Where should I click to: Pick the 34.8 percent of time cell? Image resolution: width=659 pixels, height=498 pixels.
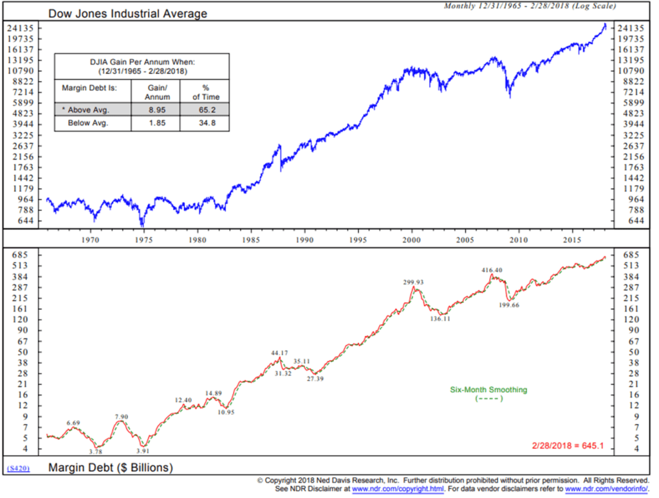(x=205, y=123)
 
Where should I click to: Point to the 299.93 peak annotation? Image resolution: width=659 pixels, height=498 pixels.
(x=414, y=282)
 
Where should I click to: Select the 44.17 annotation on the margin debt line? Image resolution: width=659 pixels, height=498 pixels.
(x=279, y=353)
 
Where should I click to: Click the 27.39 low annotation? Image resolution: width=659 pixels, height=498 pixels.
(x=315, y=380)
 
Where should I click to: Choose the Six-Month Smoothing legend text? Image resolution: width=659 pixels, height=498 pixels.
(x=488, y=389)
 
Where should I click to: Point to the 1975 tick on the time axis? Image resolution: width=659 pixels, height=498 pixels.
(x=144, y=240)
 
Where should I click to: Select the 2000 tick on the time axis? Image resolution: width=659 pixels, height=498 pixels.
(x=411, y=240)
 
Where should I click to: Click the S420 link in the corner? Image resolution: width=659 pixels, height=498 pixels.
(x=18, y=468)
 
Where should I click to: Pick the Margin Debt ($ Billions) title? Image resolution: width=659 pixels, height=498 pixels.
(x=111, y=468)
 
